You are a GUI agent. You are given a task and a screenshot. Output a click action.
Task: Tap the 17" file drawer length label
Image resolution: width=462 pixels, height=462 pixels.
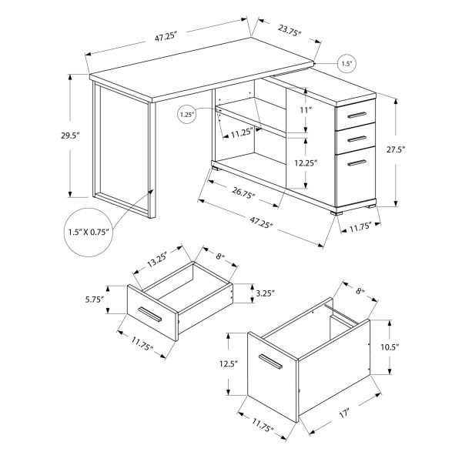point(343,414)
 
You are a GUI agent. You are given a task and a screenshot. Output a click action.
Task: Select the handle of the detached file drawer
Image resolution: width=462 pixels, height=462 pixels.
point(271,365)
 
